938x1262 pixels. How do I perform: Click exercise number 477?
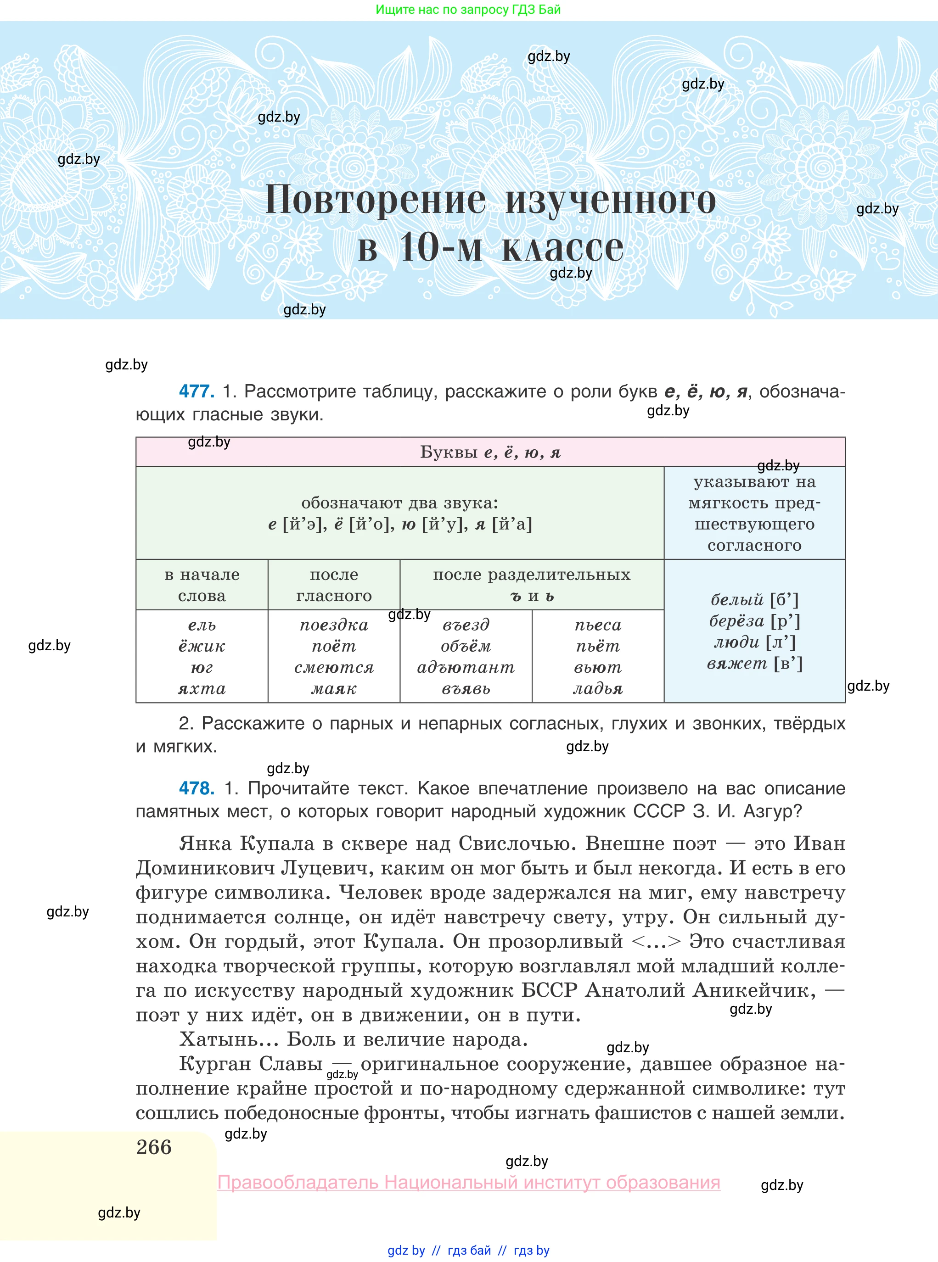(x=197, y=391)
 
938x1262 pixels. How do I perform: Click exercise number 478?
(x=197, y=788)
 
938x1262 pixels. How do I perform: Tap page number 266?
(x=154, y=1147)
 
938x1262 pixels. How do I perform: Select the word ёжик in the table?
(x=202, y=646)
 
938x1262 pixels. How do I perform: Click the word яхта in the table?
(x=202, y=689)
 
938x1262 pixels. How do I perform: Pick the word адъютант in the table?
(x=466, y=667)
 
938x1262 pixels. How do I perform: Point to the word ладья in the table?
(x=597, y=689)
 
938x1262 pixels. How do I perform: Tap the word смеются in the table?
(x=334, y=667)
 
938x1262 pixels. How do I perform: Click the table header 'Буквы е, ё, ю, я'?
(x=490, y=452)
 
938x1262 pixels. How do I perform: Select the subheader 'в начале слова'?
(x=202, y=585)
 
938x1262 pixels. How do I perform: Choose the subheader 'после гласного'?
(x=334, y=585)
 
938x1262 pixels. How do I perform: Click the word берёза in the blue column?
(x=736, y=621)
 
